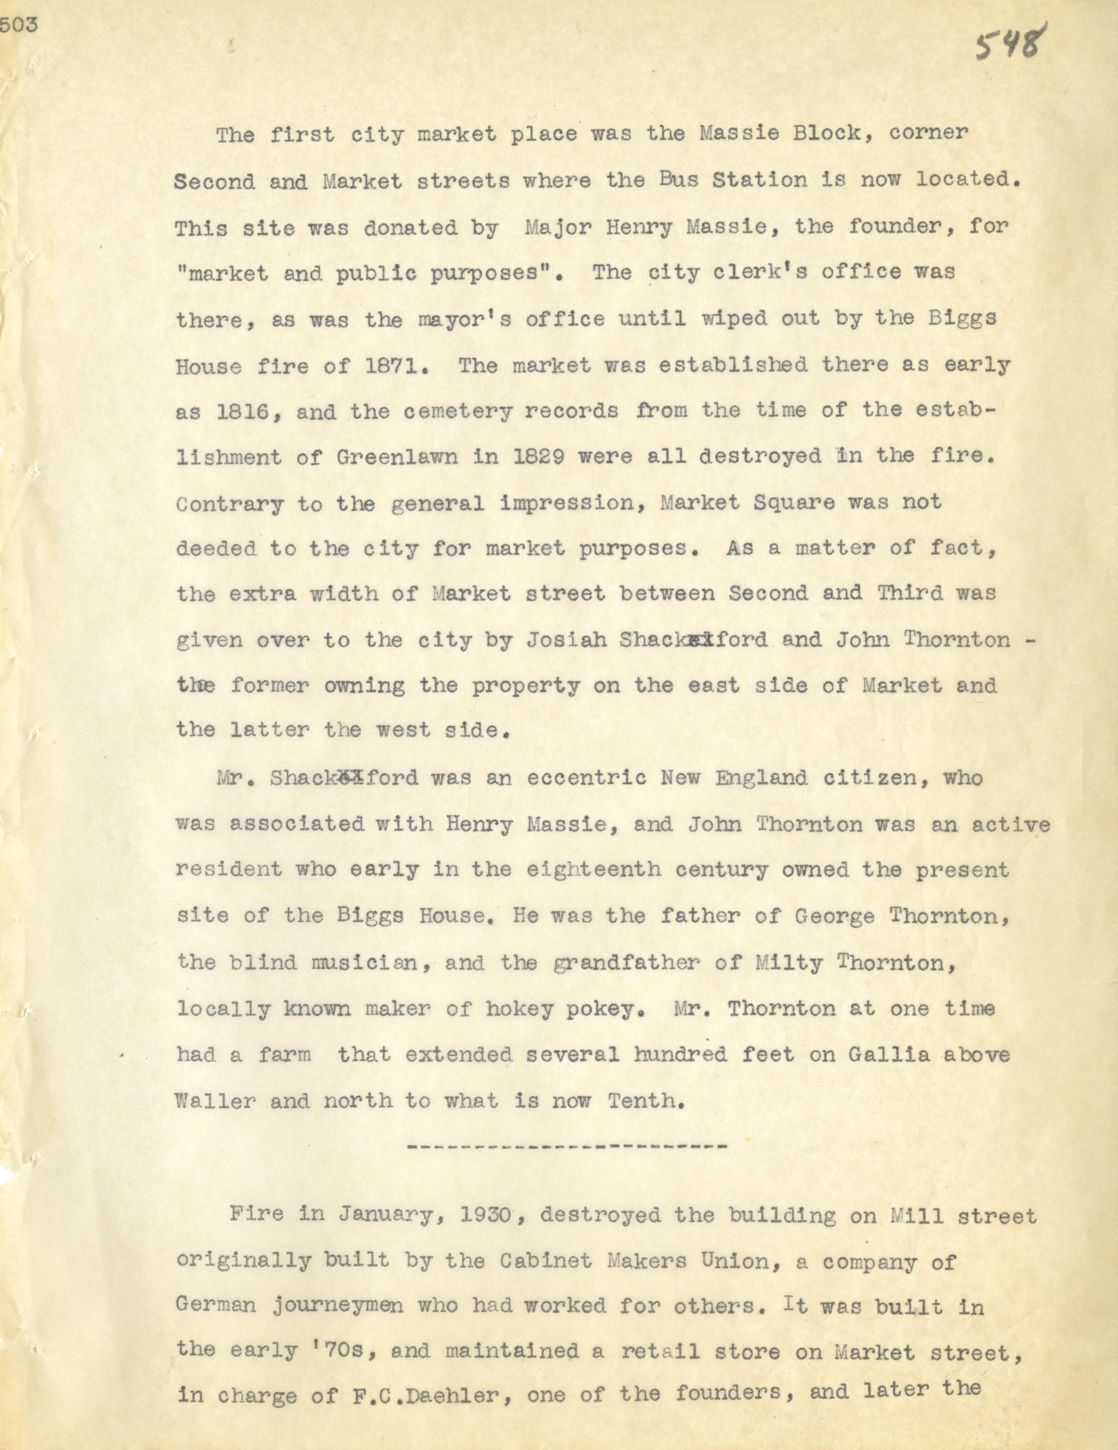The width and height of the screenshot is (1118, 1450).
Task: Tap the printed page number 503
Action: [x=19, y=25]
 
